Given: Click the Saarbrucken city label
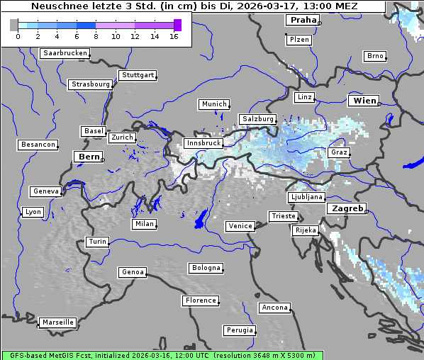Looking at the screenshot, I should click(x=65, y=53).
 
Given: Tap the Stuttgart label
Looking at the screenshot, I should click(x=138, y=75).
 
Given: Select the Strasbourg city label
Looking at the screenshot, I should click(x=91, y=84).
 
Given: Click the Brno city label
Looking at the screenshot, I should click(x=374, y=56).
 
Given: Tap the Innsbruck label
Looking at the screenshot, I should click(x=203, y=143).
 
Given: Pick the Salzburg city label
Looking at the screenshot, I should click(x=257, y=119).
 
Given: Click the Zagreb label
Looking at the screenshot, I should click(x=346, y=208).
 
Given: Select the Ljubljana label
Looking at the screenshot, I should click(x=306, y=197).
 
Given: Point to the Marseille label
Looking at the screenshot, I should click(x=58, y=322).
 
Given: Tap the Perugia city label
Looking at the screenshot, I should click(x=239, y=330).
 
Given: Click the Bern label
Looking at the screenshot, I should click(x=89, y=157).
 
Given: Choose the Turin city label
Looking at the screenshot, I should click(x=98, y=242).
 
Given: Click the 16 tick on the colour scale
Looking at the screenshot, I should click(x=174, y=36).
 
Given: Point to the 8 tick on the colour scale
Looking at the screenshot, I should click(x=96, y=36).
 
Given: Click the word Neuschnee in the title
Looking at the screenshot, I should click(x=56, y=6).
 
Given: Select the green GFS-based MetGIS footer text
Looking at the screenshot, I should click(x=162, y=355).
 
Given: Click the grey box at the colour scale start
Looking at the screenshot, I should click(x=13, y=25).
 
